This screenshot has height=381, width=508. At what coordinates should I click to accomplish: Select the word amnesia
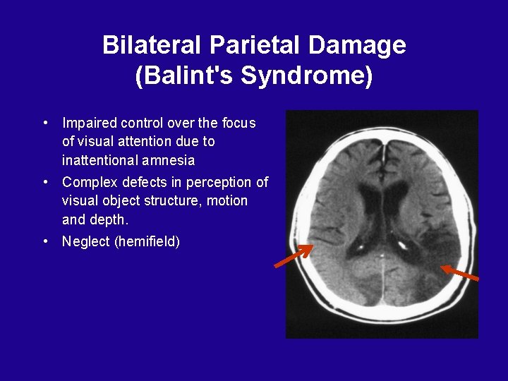[171, 159]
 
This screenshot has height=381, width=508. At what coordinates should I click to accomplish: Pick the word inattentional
[99, 159]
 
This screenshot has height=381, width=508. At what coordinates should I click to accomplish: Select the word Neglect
[86, 242]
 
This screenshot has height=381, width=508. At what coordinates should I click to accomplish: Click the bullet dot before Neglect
[44, 241]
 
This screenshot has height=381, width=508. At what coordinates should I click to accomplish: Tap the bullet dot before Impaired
[44, 122]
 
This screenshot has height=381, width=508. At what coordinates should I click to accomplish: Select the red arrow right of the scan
[460, 272]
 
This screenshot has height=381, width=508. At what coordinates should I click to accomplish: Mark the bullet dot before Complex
[44, 182]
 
